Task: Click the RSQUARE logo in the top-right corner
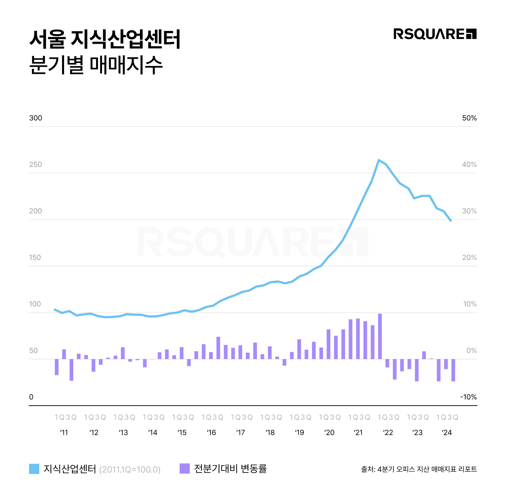tap(435, 34)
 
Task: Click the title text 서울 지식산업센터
tap(105, 39)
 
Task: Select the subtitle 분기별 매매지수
tap(96, 65)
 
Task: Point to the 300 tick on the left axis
tap(36, 118)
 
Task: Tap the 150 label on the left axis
tap(35, 257)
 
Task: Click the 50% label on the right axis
tap(469, 118)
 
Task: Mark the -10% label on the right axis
tap(468, 397)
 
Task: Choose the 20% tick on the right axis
tap(469, 257)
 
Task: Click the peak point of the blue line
tap(379, 160)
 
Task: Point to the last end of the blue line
tap(451, 221)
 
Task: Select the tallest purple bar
tap(380, 336)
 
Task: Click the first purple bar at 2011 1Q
tap(57, 367)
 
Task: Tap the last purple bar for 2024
tap(453, 370)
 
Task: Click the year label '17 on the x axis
tap(241, 433)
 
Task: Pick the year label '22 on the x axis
tap(388, 433)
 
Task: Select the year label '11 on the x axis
tap(64, 433)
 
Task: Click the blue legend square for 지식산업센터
tap(34, 469)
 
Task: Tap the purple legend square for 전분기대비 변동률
tap(184, 468)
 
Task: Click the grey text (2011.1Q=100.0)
tap(130, 470)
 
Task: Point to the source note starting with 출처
tap(419, 469)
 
